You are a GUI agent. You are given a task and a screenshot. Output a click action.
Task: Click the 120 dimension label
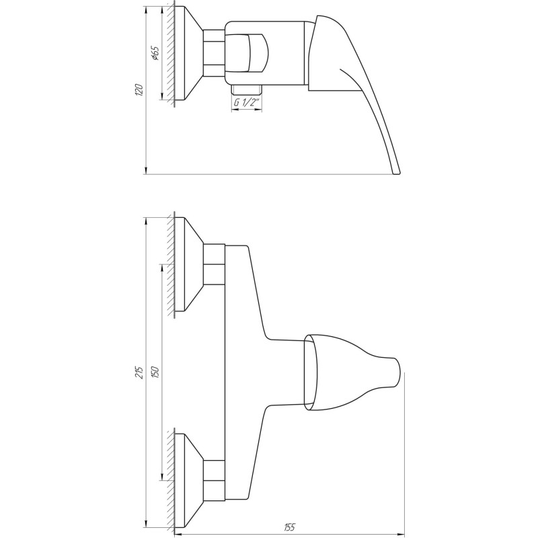(x=139, y=91)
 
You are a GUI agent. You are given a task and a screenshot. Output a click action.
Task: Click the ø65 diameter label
(x=155, y=54)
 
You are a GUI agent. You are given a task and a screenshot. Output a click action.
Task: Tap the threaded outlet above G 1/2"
(x=246, y=89)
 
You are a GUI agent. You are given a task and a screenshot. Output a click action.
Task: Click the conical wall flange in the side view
(x=188, y=54)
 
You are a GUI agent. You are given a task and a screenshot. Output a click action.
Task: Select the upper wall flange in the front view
(x=188, y=264)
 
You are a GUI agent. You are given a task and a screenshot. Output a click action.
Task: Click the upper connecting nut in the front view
(x=214, y=264)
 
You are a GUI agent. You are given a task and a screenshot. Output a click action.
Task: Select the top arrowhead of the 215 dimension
(x=146, y=221)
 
